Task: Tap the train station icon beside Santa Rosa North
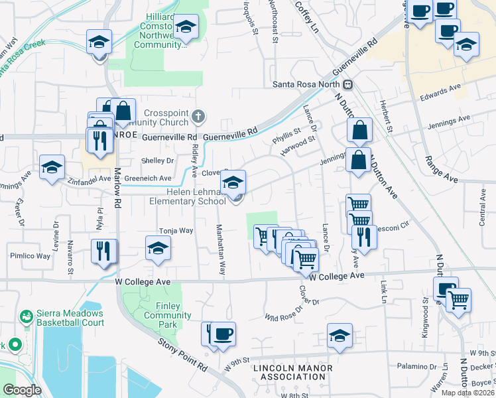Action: click(x=347, y=84)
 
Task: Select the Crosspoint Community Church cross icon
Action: click(x=197, y=117)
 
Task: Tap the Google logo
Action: click(x=22, y=390)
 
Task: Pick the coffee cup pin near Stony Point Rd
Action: click(x=223, y=335)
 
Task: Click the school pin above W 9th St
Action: click(x=340, y=336)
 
